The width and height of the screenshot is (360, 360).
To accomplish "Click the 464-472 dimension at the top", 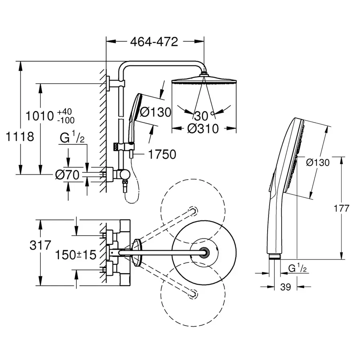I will click(x=153, y=42).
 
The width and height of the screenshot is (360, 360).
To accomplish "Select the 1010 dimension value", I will click(x=40, y=116).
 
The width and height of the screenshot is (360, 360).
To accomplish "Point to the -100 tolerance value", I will click(x=66, y=120).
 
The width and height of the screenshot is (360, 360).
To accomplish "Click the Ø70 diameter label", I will click(x=68, y=174).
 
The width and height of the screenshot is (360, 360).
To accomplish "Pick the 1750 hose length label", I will click(x=162, y=154).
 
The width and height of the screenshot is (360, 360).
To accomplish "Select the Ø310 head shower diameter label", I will click(x=203, y=129).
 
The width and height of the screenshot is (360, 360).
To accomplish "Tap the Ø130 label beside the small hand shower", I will click(x=155, y=112).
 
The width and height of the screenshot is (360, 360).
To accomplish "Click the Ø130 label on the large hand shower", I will click(x=318, y=162).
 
